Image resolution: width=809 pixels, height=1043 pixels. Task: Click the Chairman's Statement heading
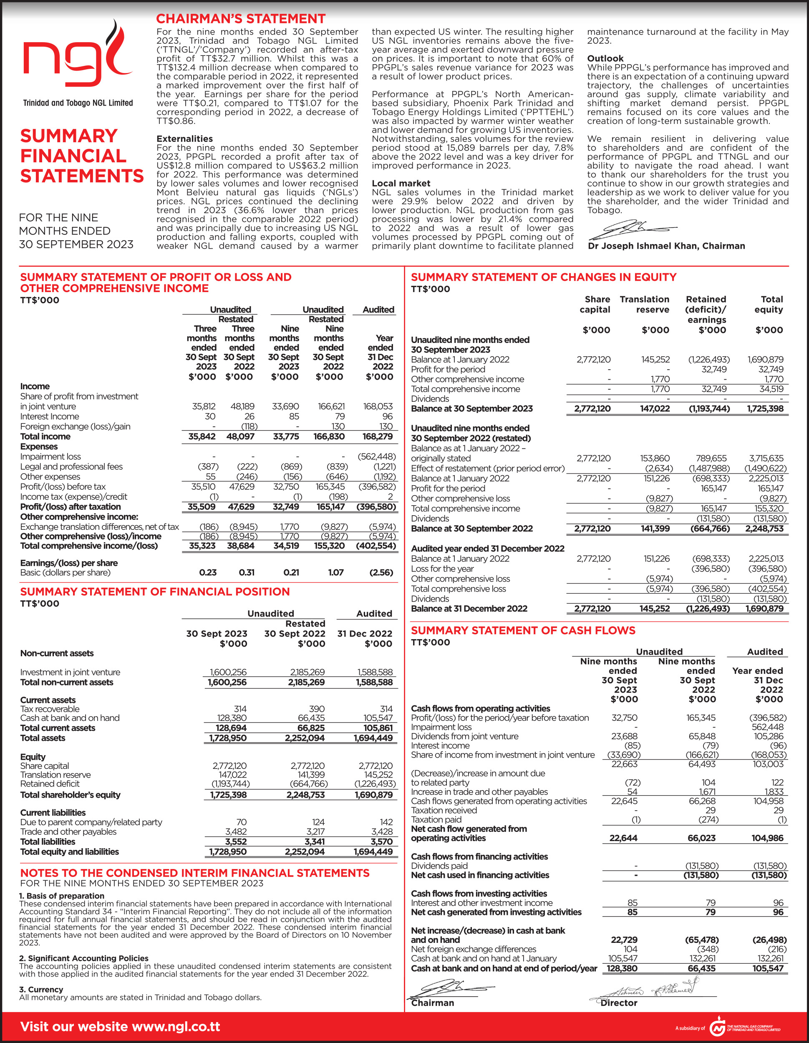click(x=240, y=19)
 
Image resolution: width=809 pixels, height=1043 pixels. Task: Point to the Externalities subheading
click(x=184, y=139)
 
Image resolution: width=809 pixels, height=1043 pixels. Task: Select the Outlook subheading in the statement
click(x=605, y=58)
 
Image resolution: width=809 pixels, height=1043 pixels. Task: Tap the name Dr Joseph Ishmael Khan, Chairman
click(x=666, y=246)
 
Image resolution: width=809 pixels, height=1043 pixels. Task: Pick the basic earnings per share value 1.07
click(x=336, y=572)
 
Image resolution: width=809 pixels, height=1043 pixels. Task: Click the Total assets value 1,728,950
click(x=227, y=738)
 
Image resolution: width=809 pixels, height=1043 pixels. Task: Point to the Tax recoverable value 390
click(x=317, y=709)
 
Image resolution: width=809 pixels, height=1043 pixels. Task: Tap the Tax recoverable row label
click(x=50, y=709)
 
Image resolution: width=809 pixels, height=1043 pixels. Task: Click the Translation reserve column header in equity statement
click(x=644, y=304)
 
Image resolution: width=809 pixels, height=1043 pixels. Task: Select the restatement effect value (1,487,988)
click(x=709, y=469)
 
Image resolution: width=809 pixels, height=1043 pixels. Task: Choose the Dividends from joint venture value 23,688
click(x=624, y=736)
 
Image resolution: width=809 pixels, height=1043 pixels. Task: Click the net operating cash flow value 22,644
click(x=623, y=838)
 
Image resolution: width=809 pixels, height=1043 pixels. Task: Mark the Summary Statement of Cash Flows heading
click(x=523, y=630)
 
